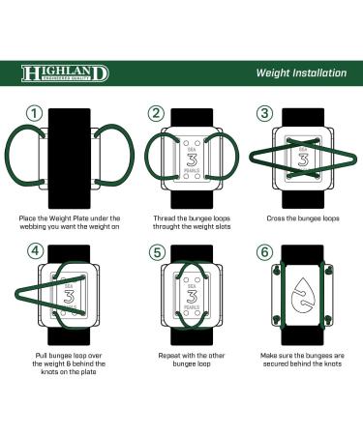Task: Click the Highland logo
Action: pos(65,73)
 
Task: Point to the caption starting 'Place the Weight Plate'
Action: pos(70,222)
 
